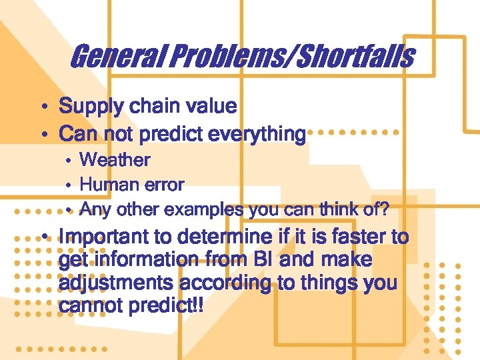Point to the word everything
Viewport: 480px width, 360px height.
(x=259, y=134)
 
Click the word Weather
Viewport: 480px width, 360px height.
(x=115, y=160)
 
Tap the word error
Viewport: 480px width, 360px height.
(x=164, y=184)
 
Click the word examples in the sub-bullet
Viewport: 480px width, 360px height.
(x=204, y=210)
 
